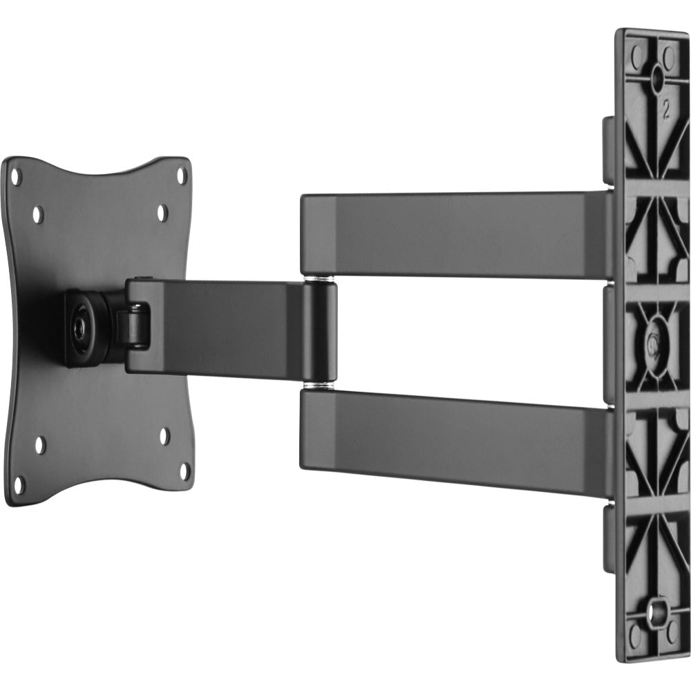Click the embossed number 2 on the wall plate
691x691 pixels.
665,111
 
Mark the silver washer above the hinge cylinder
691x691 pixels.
321,279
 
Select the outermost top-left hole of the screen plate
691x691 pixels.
16,177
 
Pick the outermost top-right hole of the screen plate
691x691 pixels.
182,176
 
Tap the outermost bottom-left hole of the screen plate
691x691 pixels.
19,486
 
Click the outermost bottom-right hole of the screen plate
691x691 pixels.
184,471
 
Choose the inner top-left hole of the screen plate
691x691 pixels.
37,215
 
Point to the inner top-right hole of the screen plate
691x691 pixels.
162,213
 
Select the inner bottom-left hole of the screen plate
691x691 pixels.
39,446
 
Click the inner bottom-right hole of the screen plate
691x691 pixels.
164,436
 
